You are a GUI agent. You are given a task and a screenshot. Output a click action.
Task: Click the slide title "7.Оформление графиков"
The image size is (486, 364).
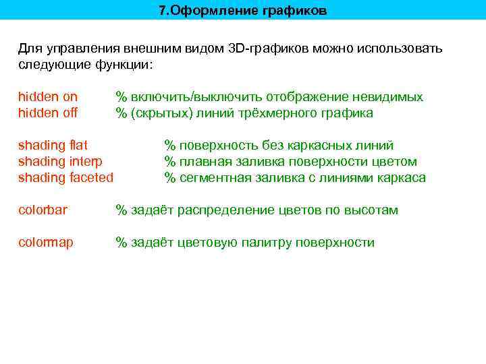(242, 11)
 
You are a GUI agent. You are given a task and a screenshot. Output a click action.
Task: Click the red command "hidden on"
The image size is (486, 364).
(47, 97)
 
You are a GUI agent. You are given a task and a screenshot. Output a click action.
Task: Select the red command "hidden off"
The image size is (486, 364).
(47, 113)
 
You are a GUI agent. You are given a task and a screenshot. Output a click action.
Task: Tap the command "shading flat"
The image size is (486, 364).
(53, 146)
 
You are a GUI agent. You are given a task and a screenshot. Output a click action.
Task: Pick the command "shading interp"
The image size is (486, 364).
(60, 162)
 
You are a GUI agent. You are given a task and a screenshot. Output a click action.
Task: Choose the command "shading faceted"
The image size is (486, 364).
(65, 178)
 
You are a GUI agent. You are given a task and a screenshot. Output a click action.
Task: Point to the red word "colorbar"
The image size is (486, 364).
(43, 210)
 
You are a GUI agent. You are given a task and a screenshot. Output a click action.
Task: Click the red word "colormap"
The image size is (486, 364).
(46, 243)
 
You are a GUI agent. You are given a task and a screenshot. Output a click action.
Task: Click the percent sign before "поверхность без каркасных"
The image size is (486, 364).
(170, 146)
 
